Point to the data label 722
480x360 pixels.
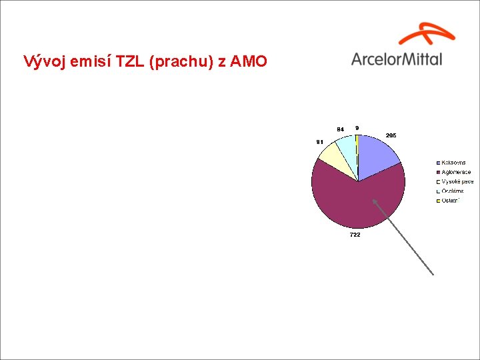[355, 235]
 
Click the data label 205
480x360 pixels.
[391, 135]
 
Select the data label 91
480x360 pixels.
[320, 141]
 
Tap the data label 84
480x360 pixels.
[340, 129]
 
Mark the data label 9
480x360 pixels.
[357, 127]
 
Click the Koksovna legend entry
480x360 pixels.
[453, 163]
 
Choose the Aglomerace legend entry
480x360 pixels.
[456, 172]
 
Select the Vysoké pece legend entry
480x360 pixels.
[457, 181]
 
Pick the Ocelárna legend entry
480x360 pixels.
[453, 191]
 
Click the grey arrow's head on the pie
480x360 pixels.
[375, 201]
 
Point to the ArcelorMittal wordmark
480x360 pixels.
[396, 59]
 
